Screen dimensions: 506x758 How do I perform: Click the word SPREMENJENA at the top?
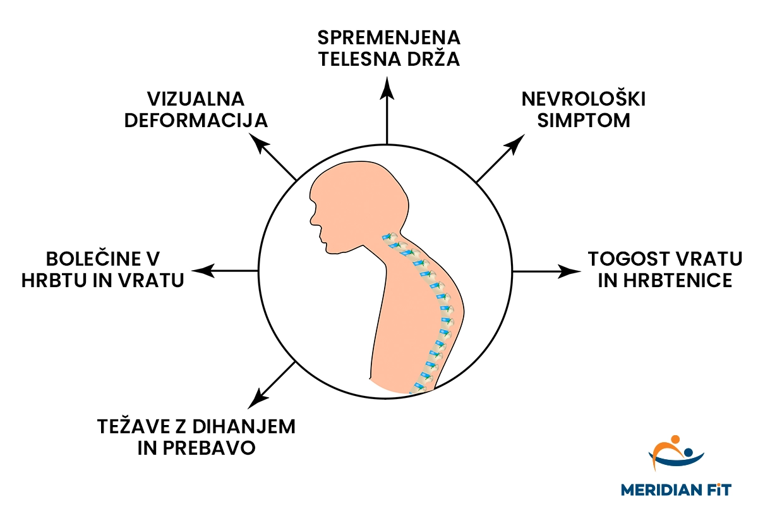388,38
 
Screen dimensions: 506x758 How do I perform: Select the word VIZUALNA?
196,99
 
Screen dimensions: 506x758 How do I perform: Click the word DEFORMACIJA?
196,121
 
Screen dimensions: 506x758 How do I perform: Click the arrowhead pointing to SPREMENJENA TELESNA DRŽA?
387,89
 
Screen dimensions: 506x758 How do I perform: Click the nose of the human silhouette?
311,221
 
